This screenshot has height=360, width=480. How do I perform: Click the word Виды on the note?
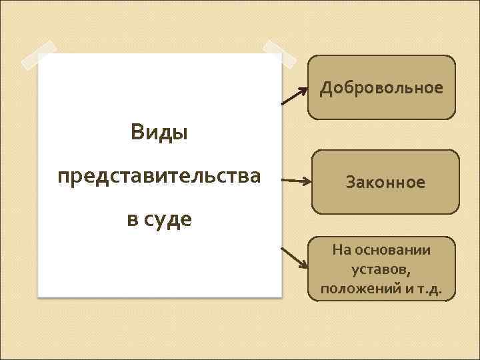pyautogui.click(x=159, y=132)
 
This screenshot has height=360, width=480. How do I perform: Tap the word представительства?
pyautogui.click(x=159, y=177)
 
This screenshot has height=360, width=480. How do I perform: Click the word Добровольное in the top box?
pyautogui.click(x=381, y=88)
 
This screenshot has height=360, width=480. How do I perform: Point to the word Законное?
pyautogui.click(x=385, y=182)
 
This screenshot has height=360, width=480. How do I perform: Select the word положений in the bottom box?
pyautogui.click(x=357, y=290)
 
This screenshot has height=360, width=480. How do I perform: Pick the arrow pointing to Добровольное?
pyautogui.click(x=294, y=95)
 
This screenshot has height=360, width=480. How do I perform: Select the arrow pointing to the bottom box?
pyautogui.click(x=293, y=257)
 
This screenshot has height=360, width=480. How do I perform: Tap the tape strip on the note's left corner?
pyautogui.click(x=39, y=55)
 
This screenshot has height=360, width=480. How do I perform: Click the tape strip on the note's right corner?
pyautogui.click(x=279, y=56)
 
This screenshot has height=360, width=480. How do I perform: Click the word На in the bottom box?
pyautogui.click(x=341, y=250)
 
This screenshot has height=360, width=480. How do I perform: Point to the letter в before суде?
pyautogui.click(x=132, y=219)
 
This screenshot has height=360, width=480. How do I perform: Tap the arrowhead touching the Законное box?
pyautogui.click(x=306, y=181)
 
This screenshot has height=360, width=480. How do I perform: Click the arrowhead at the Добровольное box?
pyautogui.click(x=305, y=87)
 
